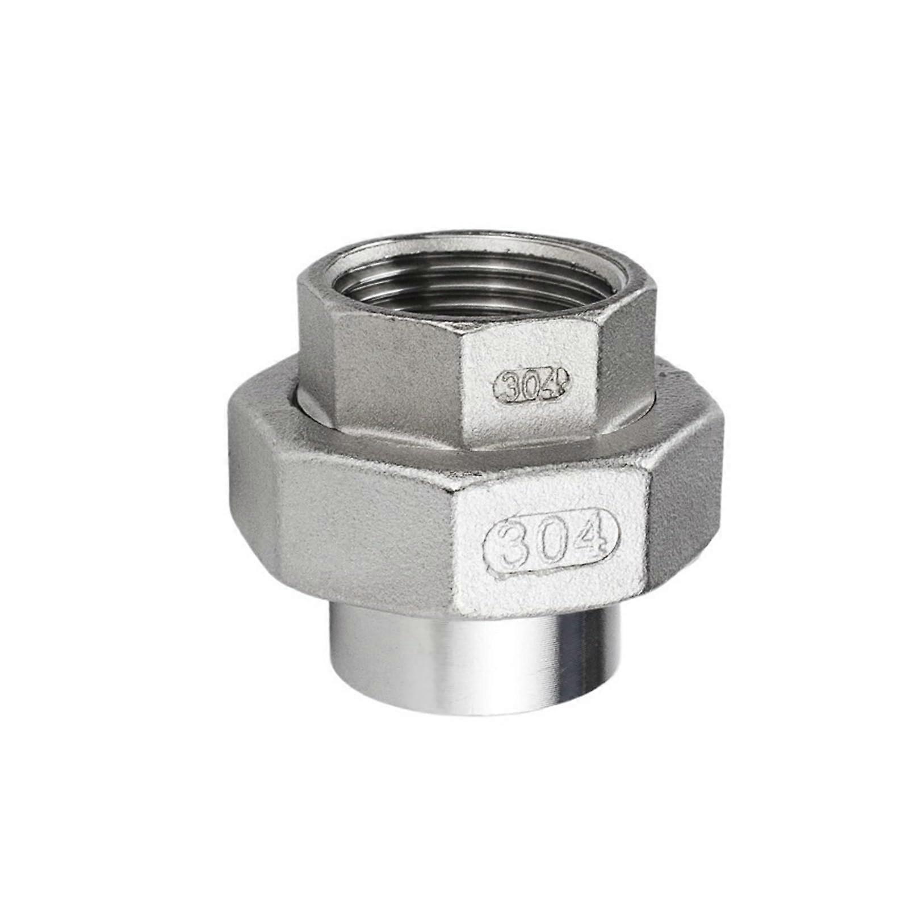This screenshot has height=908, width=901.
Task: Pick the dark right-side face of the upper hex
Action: click(x=630, y=363)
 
